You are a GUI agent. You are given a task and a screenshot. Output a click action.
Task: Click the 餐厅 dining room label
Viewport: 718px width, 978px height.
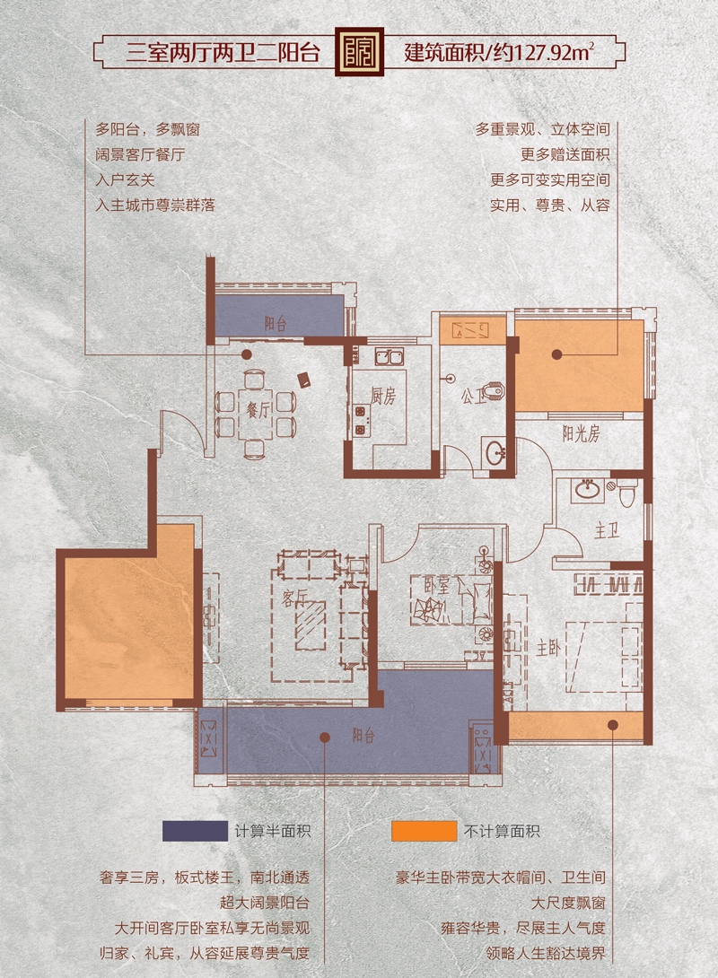click(258, 410)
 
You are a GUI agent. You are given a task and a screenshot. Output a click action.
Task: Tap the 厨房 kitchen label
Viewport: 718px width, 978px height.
click(383, 396)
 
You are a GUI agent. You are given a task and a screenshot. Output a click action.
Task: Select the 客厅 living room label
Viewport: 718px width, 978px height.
click(294, 598)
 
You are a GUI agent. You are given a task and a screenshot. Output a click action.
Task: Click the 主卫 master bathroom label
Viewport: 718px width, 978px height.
click(607, 531)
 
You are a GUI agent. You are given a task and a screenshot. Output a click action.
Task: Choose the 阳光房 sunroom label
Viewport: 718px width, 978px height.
click(581, 432)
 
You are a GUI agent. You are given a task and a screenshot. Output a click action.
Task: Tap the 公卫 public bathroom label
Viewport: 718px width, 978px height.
click(474, 396)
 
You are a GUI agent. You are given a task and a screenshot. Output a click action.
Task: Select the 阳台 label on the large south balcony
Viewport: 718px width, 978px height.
click(363, 736)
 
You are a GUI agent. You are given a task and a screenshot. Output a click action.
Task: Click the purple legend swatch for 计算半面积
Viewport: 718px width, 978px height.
click(195, 831)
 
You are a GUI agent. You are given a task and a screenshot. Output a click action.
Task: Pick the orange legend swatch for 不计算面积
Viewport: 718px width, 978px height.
click(425, 831)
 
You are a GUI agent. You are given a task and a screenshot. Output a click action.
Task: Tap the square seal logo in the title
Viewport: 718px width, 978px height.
click(361, 52)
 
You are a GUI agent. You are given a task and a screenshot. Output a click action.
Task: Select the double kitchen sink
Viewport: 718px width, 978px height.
click(389, 357)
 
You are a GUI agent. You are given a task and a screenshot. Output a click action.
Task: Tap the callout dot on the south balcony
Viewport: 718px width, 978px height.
click(324, 738)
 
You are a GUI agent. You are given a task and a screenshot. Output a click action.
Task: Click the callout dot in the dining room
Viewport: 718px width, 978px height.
click(247, 354)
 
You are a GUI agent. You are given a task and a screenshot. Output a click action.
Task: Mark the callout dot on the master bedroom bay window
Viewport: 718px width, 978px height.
click(613, 725)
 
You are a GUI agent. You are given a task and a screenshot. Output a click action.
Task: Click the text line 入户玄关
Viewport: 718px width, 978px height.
click(125, 180)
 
